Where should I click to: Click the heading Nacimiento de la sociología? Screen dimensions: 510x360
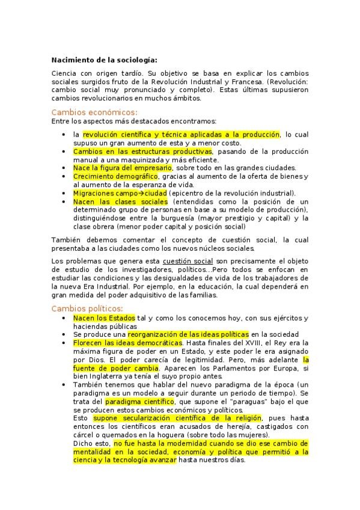[x=104, y=60]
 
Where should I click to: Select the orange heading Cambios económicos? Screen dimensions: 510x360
[x=94, y=112]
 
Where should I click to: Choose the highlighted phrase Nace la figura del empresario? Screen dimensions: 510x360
[x=122, y=168]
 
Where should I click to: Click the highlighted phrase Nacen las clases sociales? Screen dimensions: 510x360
[x=121, y=201]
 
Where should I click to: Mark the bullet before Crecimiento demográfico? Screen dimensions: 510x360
[x=64, y=176]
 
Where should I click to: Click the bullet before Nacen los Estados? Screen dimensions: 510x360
[x=64, y=318]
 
